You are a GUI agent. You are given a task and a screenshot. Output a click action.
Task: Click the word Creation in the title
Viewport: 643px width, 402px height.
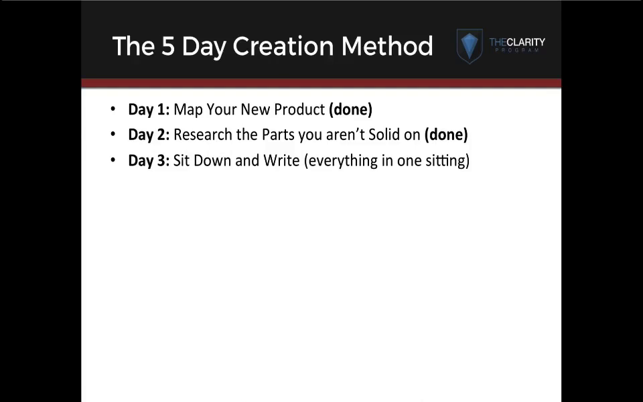click(283, 46)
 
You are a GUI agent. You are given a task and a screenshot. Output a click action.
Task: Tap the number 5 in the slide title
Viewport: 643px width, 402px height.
click(168, 46)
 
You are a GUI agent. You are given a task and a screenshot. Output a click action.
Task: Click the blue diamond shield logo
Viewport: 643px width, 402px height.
click(470, 46)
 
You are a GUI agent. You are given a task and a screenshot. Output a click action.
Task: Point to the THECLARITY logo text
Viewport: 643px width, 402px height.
click(517, 42)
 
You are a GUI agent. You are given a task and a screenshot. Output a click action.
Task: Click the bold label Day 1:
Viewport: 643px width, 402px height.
click(149, 110)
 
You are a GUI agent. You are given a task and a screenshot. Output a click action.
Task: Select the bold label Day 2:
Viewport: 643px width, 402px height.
click(149, 135)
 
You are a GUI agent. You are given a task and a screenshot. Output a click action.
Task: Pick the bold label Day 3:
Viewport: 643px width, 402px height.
click(149, 161)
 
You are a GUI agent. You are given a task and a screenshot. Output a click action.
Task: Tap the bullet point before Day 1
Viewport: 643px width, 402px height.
click(113, 109)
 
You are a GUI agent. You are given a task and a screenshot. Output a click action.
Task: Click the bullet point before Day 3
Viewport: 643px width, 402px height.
click(113, 160)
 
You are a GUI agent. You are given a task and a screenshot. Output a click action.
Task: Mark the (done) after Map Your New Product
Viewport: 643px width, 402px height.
click(350, 109)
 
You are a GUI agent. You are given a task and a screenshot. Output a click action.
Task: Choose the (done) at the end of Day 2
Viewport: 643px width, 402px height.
click(446, 135)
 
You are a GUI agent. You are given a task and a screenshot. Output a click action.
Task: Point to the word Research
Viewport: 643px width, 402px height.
click(203, 135)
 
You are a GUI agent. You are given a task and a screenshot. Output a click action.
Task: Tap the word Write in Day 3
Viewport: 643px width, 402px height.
click(281, 160)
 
